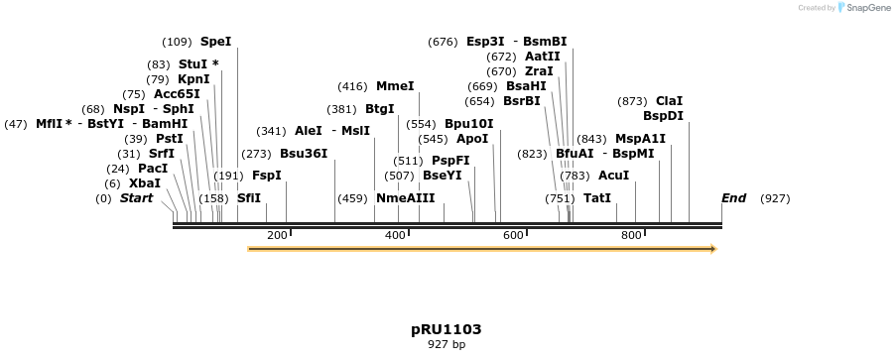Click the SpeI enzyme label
(215, 42)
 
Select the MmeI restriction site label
(395, 86)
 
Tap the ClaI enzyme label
(669, 101)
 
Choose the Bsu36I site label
(304, 154)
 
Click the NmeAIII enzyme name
(405, 198)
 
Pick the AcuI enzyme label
(614, 176)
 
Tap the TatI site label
(597, 198)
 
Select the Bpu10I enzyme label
(468, 124)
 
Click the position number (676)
(443, 42)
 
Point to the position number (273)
(256, 154)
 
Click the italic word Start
(137, 198)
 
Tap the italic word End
(734, 198)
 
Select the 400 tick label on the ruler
(395, 235)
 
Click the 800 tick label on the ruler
(631, 235)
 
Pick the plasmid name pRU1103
(447, 328)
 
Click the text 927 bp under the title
(447, 345)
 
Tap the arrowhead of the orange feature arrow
(711, 249)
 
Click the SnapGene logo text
(867, 8)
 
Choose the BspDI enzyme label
(663, 116)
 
